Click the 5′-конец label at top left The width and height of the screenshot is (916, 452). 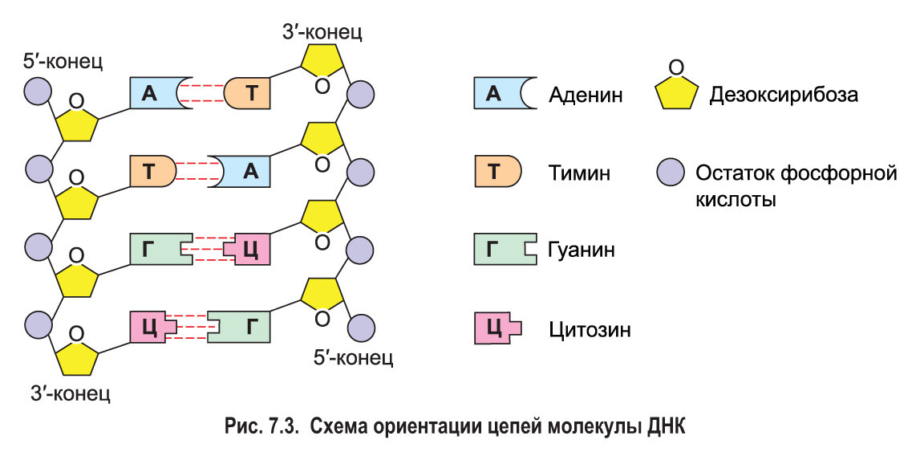63,61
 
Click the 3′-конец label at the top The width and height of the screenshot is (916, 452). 322,32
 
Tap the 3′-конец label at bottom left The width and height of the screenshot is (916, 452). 70,394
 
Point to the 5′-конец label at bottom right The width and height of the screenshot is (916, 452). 353,356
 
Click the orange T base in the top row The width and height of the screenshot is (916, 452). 249,94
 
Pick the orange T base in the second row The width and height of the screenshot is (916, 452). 152,171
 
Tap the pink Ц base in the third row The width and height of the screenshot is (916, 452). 249,249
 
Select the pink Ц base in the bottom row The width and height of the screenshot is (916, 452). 152,327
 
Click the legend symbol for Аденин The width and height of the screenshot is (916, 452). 497,94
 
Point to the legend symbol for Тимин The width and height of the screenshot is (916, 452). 497,171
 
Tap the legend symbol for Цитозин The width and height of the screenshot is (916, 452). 497,328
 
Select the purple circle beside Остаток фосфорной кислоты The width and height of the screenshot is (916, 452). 671,172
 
